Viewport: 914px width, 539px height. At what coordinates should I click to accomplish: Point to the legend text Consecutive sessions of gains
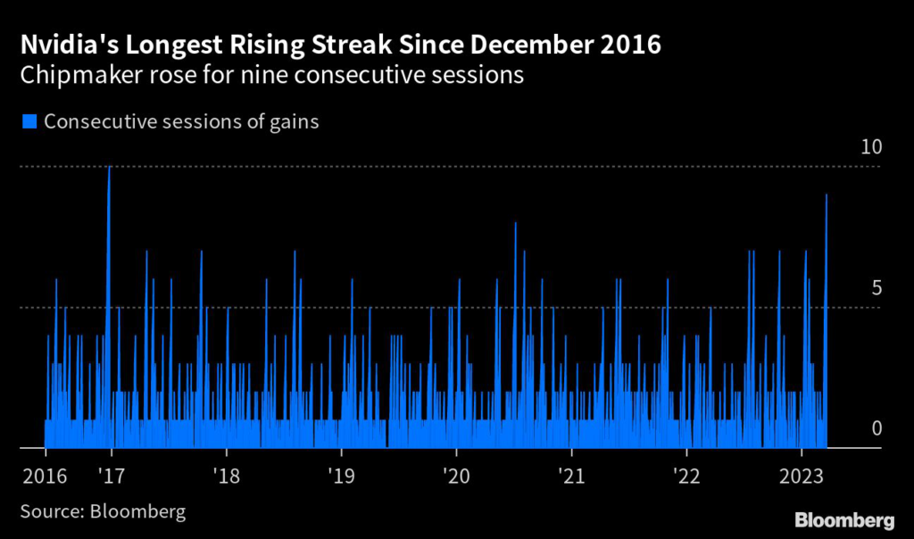click(181, 122)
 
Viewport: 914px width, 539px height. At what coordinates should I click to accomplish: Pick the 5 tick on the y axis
click(876, 288)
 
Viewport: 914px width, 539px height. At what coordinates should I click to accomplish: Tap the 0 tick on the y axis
click(876, 429)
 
